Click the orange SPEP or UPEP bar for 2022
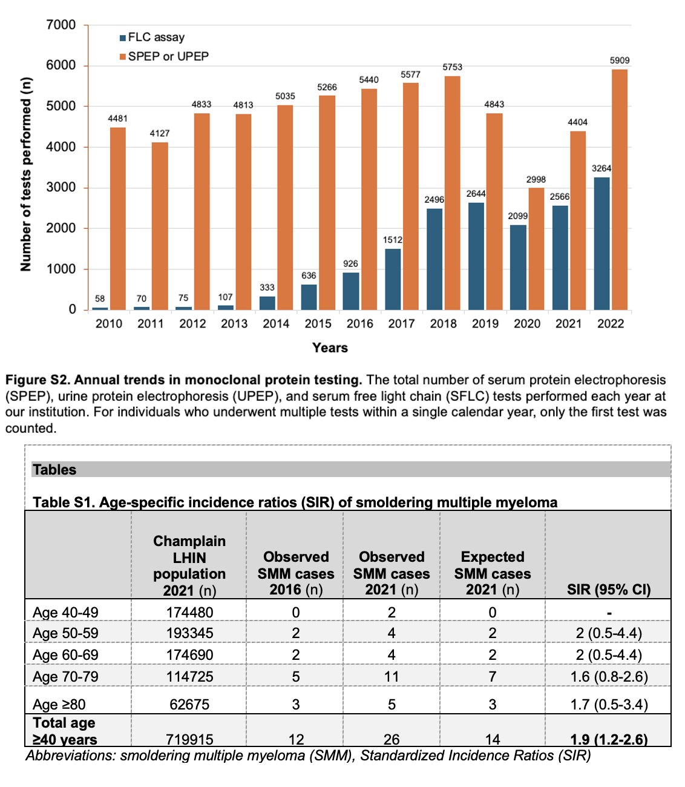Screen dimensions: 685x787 619,189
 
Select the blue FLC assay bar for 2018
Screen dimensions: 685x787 434,259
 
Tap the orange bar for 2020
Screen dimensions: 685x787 536,249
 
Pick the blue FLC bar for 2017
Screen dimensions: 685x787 393,279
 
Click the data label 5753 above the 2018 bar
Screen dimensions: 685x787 452,67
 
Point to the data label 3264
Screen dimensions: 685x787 601,168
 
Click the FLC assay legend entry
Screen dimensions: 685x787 152,38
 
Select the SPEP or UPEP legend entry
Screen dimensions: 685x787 164,56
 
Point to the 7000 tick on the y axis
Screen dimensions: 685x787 61,25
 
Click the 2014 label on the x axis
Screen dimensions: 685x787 276,323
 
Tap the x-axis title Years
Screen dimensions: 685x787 330,347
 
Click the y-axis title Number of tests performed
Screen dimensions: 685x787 26,174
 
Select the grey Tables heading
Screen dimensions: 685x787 54,470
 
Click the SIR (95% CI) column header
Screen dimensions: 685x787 609,589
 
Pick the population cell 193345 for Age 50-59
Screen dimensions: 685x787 189,633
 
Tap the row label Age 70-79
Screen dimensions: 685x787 65,677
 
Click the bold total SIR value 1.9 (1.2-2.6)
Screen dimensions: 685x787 609,739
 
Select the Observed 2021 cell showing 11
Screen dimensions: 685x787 392,677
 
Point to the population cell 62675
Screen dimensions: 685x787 189,704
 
